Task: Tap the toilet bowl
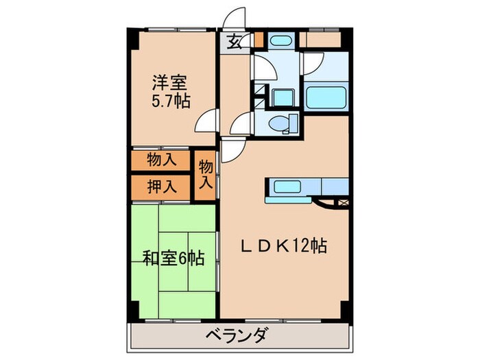[x=280, y=123]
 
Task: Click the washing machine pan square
[x=280, y=96]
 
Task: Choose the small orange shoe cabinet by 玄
[x=259, y=40]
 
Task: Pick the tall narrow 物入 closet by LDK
[x=205, y=175]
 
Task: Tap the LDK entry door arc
[x=232, y=147]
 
